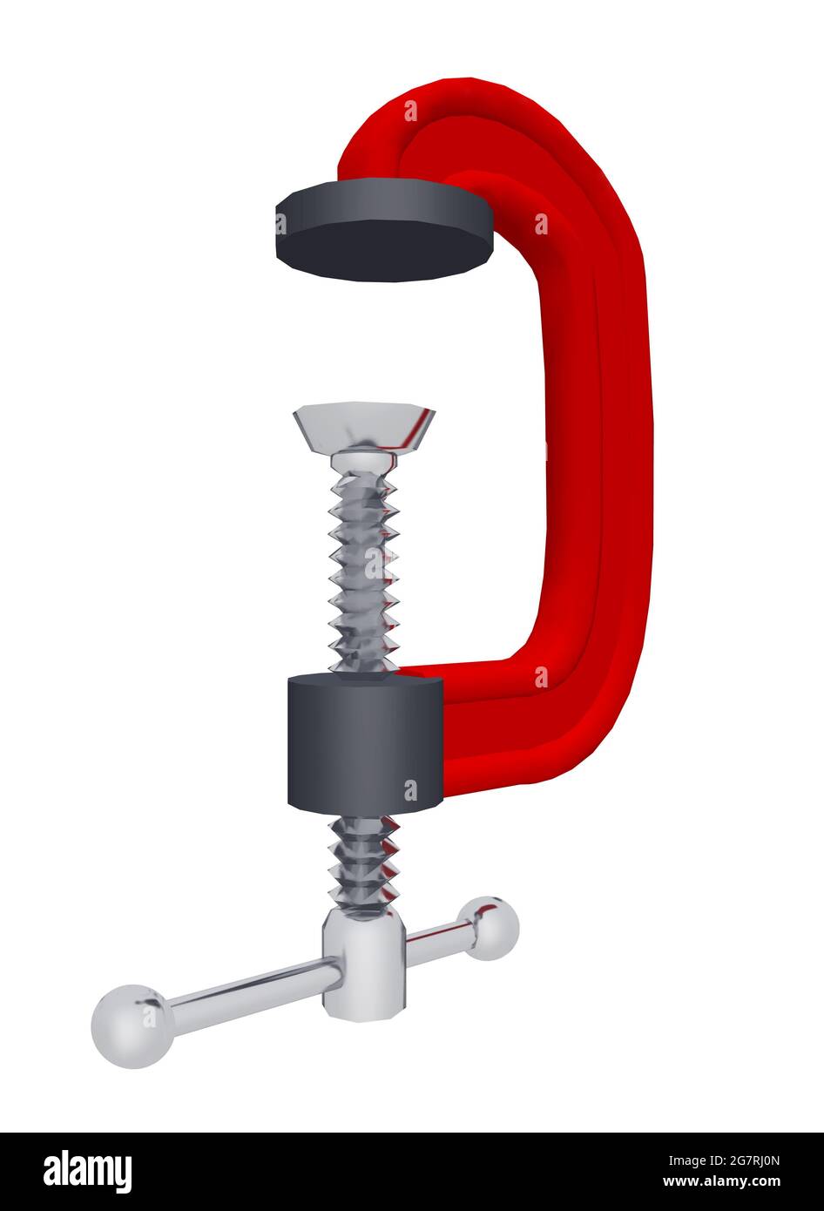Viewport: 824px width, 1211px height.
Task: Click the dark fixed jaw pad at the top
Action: pyautogui.click(x=383, y=233)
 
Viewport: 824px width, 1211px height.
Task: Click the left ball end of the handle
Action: pyautogui.click(x=132, y=1025)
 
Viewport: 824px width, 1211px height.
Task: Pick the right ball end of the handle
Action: pyautogui.click(x=490, y=928)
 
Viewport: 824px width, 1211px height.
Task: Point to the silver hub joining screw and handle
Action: pyautogui.click(x=364, y=962)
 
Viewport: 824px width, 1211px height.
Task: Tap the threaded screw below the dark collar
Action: pyautogui.click(x=364, y=863)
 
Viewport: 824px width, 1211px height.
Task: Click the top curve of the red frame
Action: pyautogui.click(x=488, y=113)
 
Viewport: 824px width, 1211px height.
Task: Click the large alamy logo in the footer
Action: pyautogui.click(x=87, y=1172)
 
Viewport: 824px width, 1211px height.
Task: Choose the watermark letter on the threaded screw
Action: pyautogui.click(x=376, y=564)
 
